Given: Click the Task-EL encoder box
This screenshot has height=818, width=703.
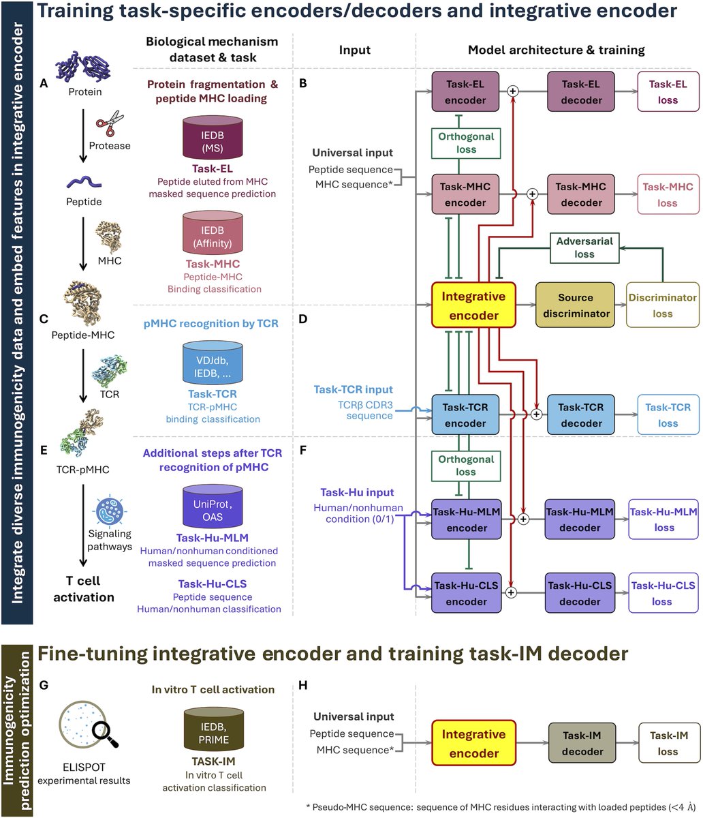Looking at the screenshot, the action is [465, 91].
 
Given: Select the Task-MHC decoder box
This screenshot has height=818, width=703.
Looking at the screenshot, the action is [581, 194].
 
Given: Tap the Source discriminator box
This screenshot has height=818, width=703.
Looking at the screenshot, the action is [576, 305].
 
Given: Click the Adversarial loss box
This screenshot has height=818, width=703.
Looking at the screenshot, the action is [584, 247].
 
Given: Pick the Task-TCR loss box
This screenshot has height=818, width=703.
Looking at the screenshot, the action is [668, 414].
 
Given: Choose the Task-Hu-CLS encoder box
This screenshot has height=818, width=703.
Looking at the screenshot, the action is [466, 593].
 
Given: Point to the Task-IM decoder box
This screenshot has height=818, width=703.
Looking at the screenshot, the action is [582, 743].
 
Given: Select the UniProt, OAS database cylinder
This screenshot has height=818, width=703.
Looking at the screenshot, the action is [213, 506].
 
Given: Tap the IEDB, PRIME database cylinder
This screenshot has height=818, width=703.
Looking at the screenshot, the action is [213, 729].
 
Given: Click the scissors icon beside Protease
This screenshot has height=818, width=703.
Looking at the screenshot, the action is [110, 123].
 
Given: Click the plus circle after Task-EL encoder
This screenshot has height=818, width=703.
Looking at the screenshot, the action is [513, 91].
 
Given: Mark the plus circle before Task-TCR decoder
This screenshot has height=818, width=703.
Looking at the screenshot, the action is [536, 414].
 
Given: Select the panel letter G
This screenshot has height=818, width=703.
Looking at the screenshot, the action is [44, 685].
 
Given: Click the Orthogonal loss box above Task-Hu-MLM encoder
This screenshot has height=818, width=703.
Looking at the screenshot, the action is [466, 466].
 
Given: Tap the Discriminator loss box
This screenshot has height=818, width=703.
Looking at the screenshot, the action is [663, 305].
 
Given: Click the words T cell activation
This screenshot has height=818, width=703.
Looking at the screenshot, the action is [84, 589].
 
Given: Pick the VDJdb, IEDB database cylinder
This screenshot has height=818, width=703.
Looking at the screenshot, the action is [213, 363].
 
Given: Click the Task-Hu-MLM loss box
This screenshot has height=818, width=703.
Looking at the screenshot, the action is [663, 519].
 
